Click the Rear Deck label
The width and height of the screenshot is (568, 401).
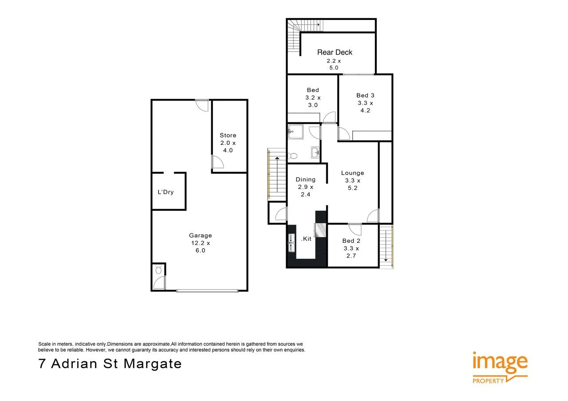tap(335, 52)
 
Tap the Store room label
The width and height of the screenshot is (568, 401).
tap(228, 136)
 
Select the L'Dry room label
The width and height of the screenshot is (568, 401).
tap(166, 192)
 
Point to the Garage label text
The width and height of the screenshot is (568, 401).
tap(201, 235)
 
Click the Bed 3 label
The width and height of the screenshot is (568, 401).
tap(365, 95)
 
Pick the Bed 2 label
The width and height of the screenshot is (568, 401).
tap(351, 241)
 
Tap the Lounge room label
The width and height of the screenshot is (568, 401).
tap(352, 173)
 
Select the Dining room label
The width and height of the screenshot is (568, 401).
tap(306, 179)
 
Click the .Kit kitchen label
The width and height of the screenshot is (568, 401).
tap(306, 239)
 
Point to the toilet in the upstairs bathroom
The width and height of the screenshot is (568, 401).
tap(292, 156)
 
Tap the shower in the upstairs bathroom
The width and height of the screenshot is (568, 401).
tap(295, 132)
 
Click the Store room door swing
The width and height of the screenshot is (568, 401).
tap(217, 163)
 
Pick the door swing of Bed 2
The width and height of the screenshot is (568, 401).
tap(355, 229)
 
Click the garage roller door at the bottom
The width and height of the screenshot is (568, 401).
tap(207, 291)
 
